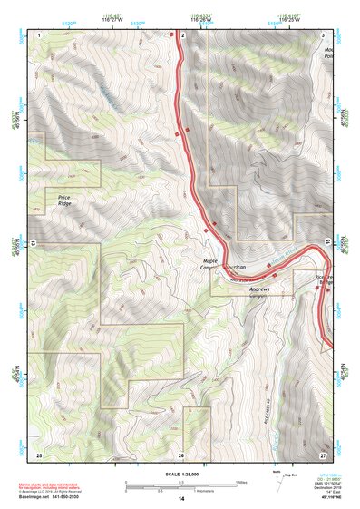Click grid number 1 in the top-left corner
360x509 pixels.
[x=39, y=34]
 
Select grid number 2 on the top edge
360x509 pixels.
[x=182, y=34]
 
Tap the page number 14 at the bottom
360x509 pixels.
[x=180, y=500]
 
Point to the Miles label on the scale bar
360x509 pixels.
[x=241, y=482]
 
